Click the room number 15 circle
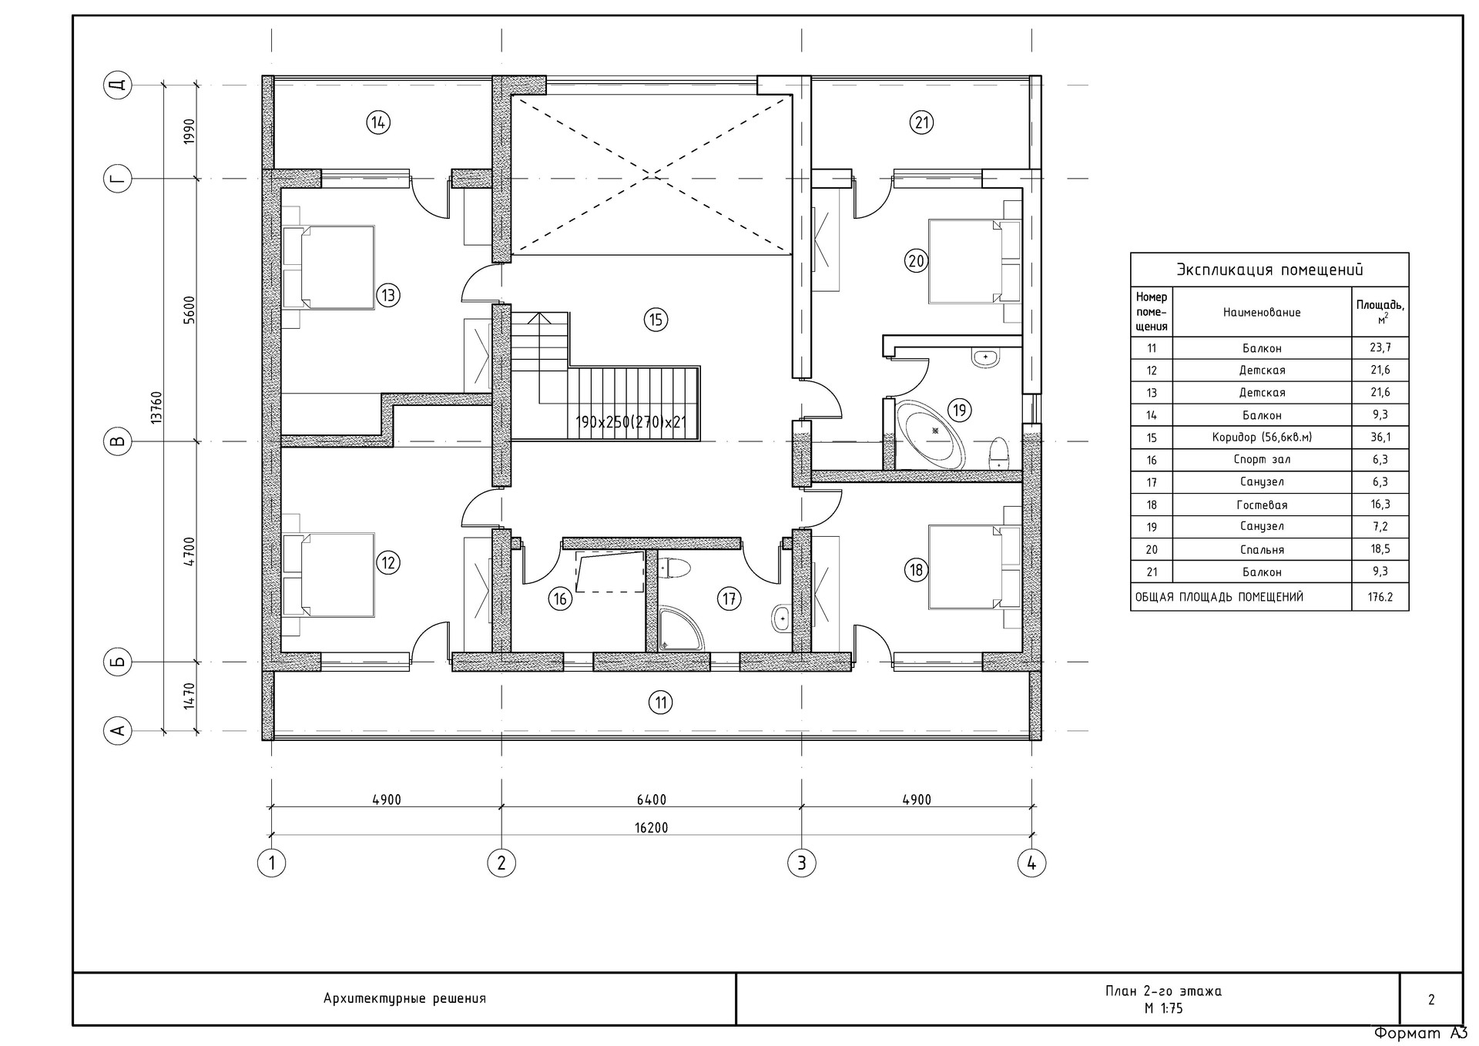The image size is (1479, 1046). [656, 320]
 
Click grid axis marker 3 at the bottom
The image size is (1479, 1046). [801, 863]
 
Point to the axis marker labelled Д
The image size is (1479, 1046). [117, 85]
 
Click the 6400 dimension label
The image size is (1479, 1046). [651, 800]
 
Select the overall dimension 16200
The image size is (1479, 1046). [651, 828]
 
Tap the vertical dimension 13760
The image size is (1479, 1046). [156, 407]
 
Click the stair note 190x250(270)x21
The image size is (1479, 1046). [630, 423]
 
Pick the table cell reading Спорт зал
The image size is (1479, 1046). [1261, 460]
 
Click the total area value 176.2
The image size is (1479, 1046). [1380, 597]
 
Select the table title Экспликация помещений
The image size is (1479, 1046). [1269, 270]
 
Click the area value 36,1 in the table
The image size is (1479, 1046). [1380, 438]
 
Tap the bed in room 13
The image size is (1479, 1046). [329, 267]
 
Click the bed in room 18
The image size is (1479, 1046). [974, 567]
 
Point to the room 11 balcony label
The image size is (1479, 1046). [660, 702]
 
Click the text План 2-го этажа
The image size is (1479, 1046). [1163, 991]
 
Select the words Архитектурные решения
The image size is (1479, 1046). [404, 999]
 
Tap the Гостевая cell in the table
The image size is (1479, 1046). [1261, 505]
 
